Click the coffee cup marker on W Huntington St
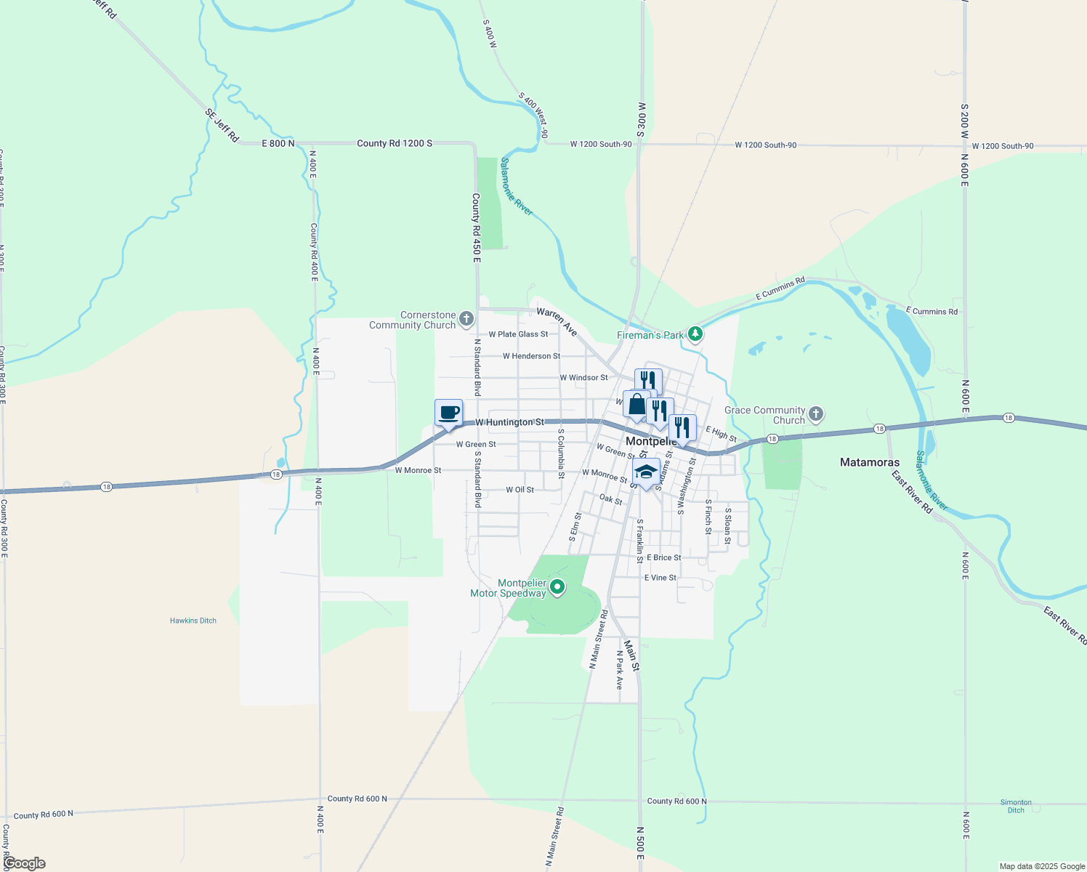[449, 413]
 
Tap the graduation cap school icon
[646, 472]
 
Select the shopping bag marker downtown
[637, 405]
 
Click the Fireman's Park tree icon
[696, 334]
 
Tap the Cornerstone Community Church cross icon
[466, 318]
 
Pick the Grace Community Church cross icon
[816, 414]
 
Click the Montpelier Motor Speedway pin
[557, 586]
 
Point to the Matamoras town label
[869, 462]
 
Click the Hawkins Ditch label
[193, 621]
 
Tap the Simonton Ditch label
[1016, 806]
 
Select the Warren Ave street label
[557, 322]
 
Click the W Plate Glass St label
[518, 334]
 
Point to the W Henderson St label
[531, 356]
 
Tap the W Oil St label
[520, 490]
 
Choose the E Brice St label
[663, 557]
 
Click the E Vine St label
[660, 578]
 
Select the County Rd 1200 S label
[395, 143]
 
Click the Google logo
[25, 863]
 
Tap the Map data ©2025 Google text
[1042, 866]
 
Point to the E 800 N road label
[278, 144]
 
